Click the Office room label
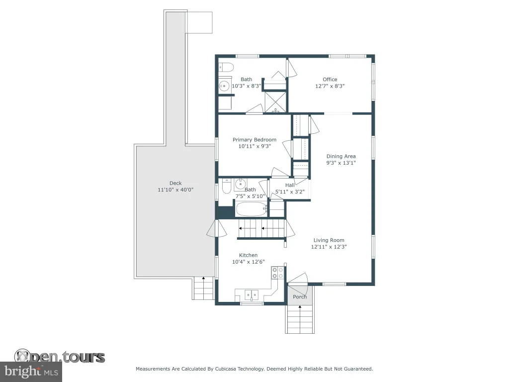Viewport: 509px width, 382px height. tap(330, 79)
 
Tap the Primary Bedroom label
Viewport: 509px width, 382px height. tap(254, 140)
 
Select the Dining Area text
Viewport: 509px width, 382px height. tap(341, 156)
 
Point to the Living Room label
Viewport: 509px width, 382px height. tap(329, 240)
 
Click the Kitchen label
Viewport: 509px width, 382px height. tap(249, 255)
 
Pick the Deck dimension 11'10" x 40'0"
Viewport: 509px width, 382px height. tap(175, 190)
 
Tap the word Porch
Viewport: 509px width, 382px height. tap(300, 297)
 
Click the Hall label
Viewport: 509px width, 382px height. tap(290, 185)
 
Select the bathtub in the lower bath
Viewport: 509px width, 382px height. tap(251, 209)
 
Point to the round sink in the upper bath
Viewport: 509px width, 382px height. tap(224, 86)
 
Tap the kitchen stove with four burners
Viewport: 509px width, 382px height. tap(278, 273)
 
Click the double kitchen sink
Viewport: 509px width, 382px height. tap(252, 295)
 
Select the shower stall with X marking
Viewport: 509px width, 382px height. tap(276, 102)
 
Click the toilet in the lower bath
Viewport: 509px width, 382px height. tap(226, 186)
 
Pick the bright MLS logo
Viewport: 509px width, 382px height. tap(31, 371)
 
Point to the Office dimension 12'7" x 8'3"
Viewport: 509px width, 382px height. tap(330, 86)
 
